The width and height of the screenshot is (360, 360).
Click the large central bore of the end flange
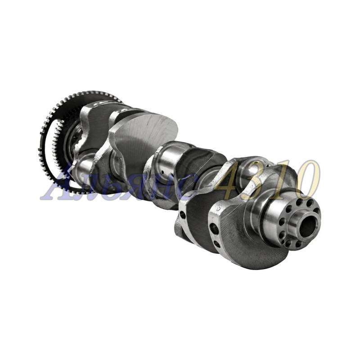308,226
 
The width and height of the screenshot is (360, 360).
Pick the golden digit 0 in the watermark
308,180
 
